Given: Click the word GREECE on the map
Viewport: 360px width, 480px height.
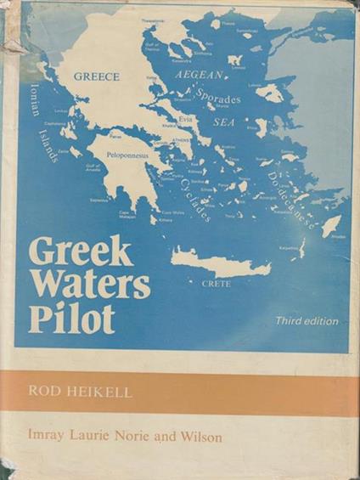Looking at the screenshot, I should (96, 76).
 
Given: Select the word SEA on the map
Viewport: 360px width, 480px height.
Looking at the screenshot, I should (224, 122).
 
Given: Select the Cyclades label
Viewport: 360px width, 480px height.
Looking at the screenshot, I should (193, 200).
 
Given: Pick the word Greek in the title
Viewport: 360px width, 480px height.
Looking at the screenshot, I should (82, 251).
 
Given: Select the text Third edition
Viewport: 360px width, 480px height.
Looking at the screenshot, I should (306, 321).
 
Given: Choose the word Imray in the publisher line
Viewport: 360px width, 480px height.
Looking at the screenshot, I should (48, 438).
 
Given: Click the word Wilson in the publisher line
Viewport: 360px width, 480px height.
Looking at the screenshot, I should (201, 438).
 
